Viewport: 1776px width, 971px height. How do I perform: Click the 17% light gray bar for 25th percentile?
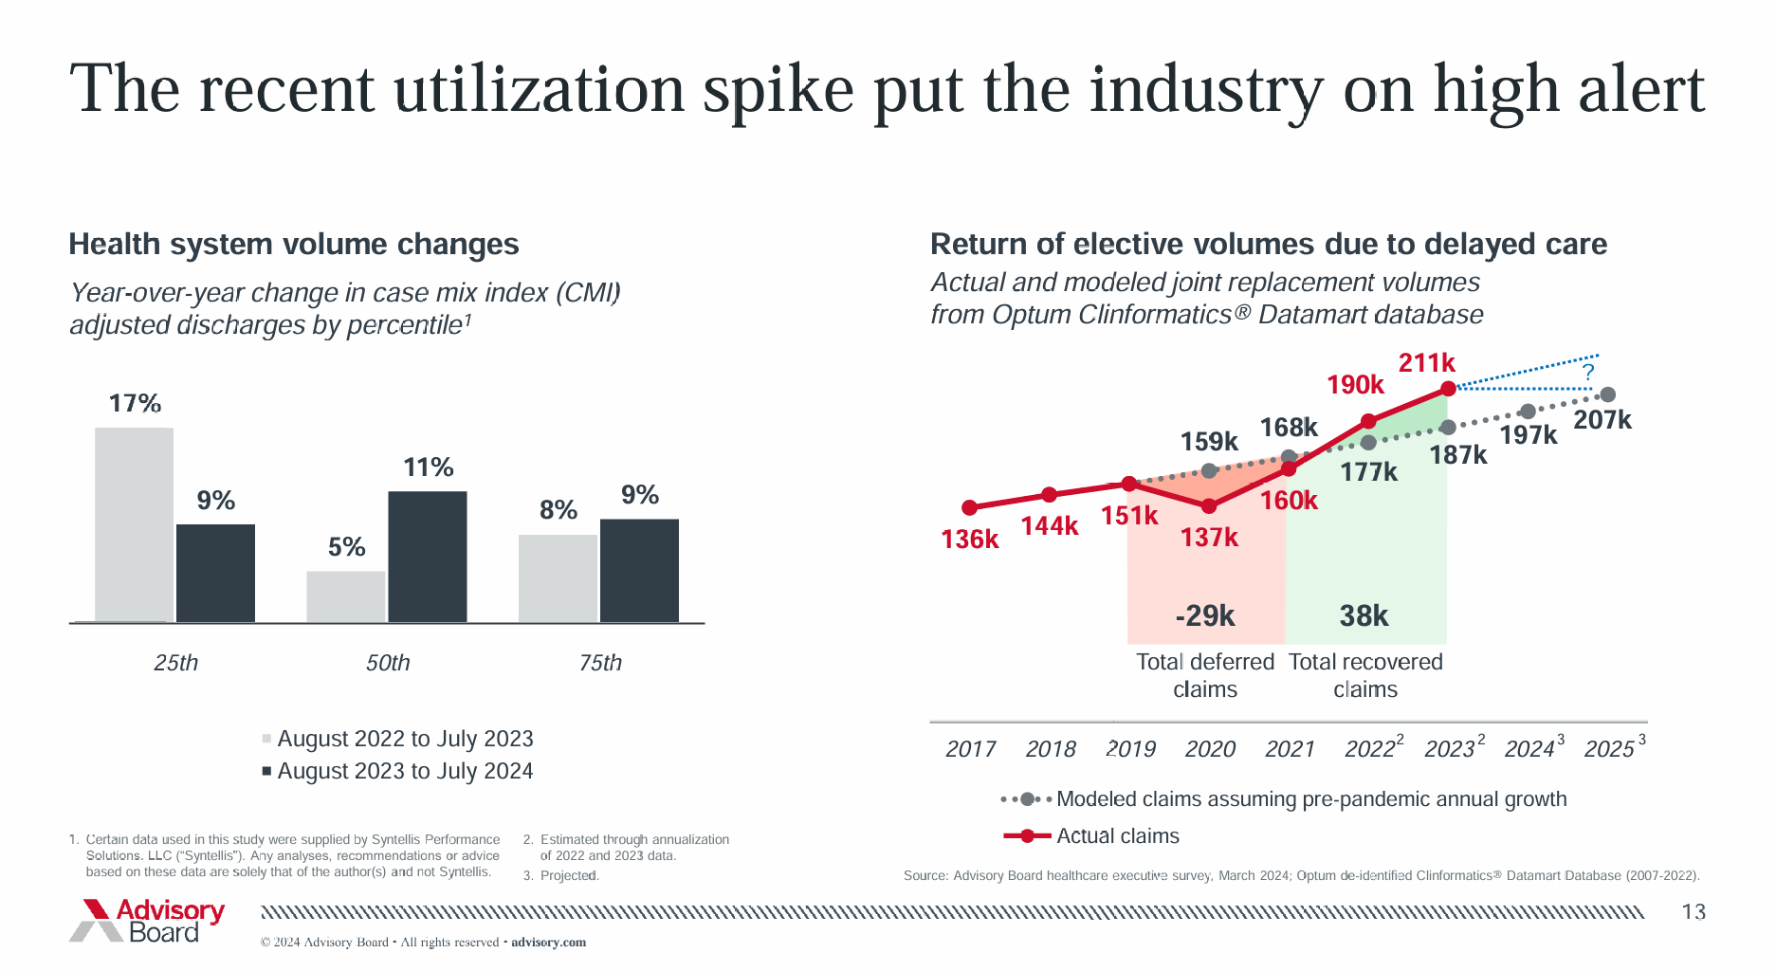pos(134,524)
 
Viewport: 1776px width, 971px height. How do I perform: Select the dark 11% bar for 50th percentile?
pos(428,557)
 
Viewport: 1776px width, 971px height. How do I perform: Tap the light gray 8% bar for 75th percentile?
pos(558,578)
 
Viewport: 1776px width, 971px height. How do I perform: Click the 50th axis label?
pos(388,663)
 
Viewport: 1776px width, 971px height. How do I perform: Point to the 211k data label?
pos(1426,362)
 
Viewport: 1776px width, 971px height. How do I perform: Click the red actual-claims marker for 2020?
pos(1209,506)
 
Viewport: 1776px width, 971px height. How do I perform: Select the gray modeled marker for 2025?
pos(1607,394)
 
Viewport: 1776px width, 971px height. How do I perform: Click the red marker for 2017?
pos(969,508)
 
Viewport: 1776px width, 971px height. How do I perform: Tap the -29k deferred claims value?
pos(1205,616)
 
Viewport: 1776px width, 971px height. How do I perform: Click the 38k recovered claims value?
pos(1364,616)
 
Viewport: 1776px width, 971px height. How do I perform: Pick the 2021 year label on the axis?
pos(1290,749)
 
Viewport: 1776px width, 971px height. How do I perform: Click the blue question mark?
pos(1588,372)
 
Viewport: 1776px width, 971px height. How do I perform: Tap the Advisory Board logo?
pos(147,921)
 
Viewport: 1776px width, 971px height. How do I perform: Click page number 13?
pos(1694,912)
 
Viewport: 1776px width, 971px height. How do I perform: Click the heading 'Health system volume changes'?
pos(294,245)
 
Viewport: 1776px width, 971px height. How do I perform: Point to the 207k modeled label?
pos(1602,420)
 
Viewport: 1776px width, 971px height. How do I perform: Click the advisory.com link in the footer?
pos(548,943)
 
